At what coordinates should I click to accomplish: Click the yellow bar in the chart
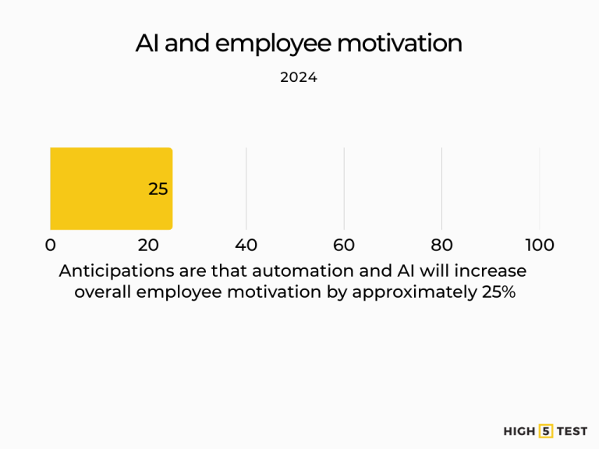pyautogui.click(x=101, y=189)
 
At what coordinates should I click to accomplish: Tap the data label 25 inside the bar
pyautogui.click(x=158, y=189)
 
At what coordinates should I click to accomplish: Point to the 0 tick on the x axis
pyautogui.click(x=51, y=245)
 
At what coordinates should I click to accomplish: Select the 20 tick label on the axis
pyautogui.click(x=148, y=245)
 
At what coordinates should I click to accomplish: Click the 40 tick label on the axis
pyautogui.click(x=246, y=245)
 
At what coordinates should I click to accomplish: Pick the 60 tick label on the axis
pyautogui.click(x=344, y=245)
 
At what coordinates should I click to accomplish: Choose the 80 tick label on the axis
pyautogui.click(x=442, y=245)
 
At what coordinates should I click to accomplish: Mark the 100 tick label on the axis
pyautogui.click(x=540, y=245)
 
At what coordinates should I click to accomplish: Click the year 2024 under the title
pyautogui.click(x=299, y=78)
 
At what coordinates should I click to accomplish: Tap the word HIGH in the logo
pyautogui.click(x=519, y=431)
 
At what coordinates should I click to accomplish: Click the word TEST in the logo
pyautogui.click(x=572, y=431)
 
